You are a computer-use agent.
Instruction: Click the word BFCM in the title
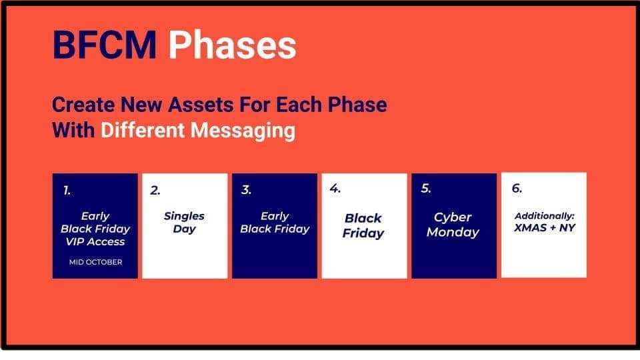(105, 45)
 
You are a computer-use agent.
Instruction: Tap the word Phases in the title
(232, 45)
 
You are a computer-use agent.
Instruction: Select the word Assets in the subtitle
(201, 105)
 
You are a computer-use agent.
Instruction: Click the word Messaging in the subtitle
(243, 131)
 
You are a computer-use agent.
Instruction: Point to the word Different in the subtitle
(143, 130)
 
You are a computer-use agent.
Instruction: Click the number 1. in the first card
(67, 190)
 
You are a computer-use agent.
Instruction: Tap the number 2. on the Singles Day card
(155, 190)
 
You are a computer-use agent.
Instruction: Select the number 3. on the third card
(246, 190)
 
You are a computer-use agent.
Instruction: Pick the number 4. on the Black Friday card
(335, 189)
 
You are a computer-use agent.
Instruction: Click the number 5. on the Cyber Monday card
(426, 188)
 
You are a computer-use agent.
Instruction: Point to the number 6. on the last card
(517, 188)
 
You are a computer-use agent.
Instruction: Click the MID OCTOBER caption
(95, 262)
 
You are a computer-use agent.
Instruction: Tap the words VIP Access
(95, 241)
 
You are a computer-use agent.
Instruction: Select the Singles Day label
(184, 223)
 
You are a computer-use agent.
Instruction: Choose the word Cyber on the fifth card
(453, 217)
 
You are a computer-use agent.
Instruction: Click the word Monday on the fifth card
(453, 232)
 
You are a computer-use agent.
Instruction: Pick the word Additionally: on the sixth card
(545, 216)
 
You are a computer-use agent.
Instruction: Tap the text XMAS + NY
(545, 228)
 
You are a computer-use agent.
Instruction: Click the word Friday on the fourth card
(363, 233)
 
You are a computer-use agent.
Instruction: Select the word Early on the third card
(275, 216)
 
